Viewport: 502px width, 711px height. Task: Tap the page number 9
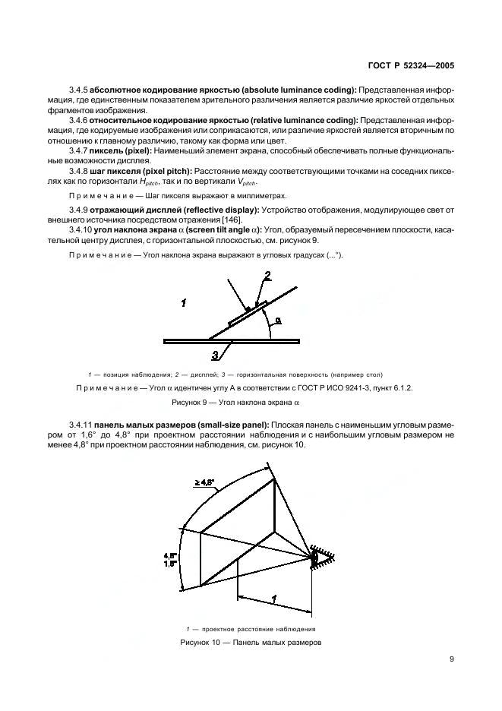tap(451, 659)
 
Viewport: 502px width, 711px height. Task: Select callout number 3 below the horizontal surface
tap(216, 354)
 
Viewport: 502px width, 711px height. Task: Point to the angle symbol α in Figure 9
tap(278, 321)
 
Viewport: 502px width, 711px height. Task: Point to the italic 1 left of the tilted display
tap(183, 302)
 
